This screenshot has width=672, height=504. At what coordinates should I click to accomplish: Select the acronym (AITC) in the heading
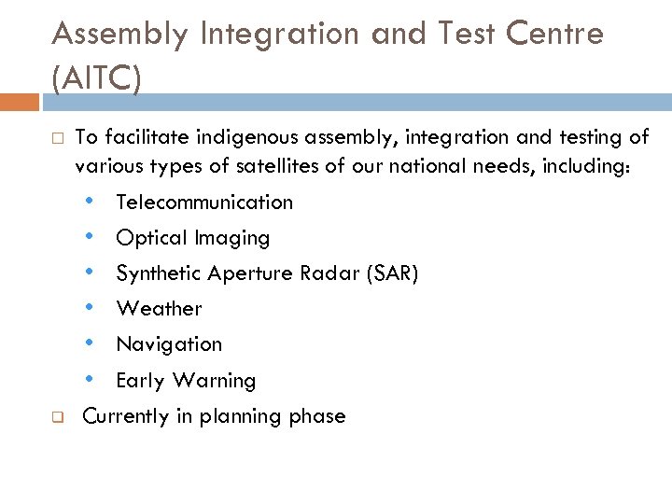(97, 78)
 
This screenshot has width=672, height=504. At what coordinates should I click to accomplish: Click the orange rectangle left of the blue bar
(21, 103)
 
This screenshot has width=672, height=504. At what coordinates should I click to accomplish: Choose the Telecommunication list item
(203, 202)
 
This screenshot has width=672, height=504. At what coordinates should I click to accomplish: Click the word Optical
(150, 238)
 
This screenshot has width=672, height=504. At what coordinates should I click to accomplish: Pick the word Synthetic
(158, 273)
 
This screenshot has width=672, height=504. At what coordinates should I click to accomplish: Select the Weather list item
(159, 309)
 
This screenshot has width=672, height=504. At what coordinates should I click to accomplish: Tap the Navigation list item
(169, 344)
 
